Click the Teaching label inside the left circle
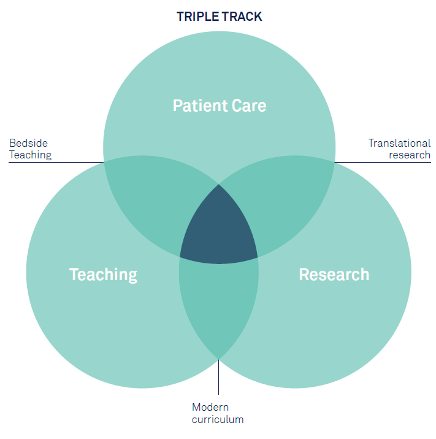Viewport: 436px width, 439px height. [x=103, y=274]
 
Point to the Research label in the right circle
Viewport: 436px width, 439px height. [x=334, y=274]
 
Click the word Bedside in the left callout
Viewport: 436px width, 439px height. [x=28, y=143]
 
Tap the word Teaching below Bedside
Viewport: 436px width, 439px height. [x=30, y=155]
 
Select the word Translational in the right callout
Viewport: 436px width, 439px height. [x=399, y=143]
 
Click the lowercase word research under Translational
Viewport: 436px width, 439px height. [x=410, y=155]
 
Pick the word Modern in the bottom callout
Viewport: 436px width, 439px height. [x=210, y=407]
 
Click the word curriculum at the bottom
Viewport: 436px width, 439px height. [x=218, y=420]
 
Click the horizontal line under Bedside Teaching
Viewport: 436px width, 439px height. [x=55, y=163]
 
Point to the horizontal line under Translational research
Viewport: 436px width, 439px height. [x=383, y=163]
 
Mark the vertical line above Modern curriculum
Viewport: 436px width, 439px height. [x=219, y=378]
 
